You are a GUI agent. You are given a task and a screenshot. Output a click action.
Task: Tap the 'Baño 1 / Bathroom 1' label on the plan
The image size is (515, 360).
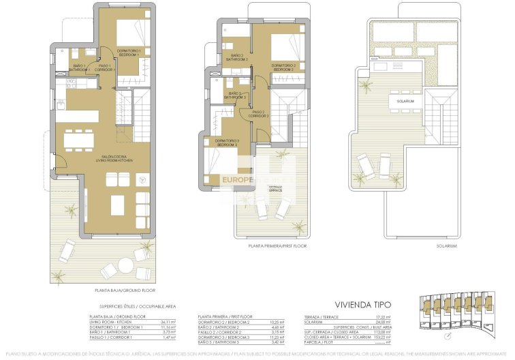pos(80,68)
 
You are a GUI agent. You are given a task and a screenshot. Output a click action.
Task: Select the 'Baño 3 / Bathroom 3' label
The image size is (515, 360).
pos(236,95)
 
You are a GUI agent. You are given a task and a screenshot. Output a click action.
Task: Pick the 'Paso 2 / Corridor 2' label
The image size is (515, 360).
pos(260,114)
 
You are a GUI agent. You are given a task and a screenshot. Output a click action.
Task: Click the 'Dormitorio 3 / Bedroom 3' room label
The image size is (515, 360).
pos(227,142)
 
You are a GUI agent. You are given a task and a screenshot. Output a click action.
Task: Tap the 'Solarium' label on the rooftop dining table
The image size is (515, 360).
pos(406,101)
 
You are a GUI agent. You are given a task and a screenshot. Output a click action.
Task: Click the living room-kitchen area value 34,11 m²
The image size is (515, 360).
pos(167,322)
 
